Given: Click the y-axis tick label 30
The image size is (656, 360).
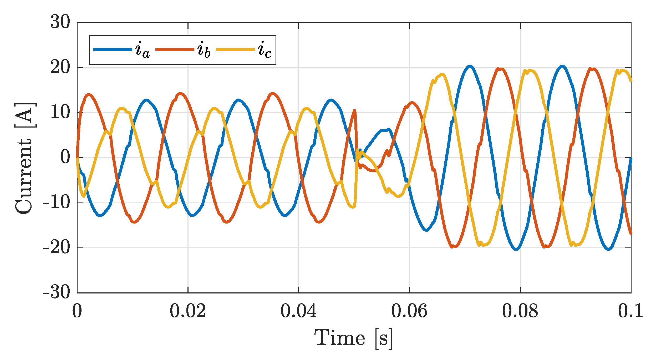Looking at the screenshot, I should pos(60,22).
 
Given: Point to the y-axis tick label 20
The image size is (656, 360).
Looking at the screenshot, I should pos(60,67).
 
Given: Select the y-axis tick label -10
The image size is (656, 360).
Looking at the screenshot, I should pos(57,202).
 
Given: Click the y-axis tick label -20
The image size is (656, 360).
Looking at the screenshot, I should pos(57,247).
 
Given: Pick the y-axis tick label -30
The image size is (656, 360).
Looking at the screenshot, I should pos(57,292).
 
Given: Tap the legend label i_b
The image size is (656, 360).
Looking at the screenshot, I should pos(204,50).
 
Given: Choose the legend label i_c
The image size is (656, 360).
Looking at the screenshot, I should pos(265,50).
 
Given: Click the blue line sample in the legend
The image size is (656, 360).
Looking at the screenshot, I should pos(113,49).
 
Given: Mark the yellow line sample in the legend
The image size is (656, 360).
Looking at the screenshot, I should pos(235,49).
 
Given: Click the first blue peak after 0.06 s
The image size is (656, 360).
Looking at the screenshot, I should pos(470,66).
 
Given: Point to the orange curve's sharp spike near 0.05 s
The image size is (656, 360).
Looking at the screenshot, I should pos(355,111).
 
